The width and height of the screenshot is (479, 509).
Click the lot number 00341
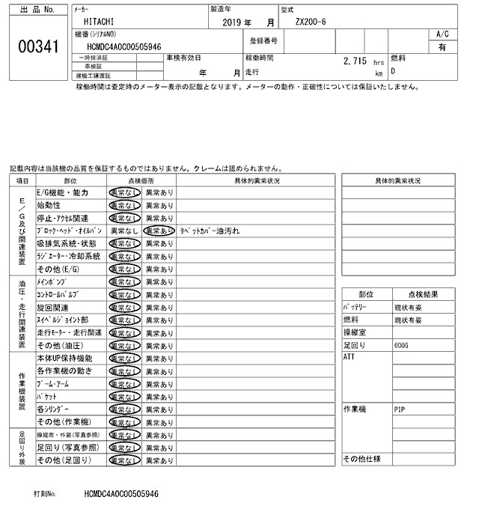pyautogui.click(x=37, y=46)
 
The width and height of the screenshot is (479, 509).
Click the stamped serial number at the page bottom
pyautogui.click(x=121, y=495)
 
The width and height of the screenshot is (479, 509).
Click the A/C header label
pyautogui.click(x=442, y=34)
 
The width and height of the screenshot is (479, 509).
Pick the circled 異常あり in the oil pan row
pyautogui.click(x=159, y=231)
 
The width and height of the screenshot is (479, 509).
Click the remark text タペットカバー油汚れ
pyautogui.click(x=207, y=231)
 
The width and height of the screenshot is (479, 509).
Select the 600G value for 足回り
pyautogui.click(x=402, y=345)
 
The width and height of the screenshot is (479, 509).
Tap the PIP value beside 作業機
pyautogui.click(x=400, y=410)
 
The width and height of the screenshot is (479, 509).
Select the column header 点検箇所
pyautogui.click(x=141, y=180)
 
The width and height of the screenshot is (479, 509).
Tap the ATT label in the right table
pyautogui.click(x=348, y=357)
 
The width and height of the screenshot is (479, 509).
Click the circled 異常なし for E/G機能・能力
pyautogui.click(x=123, y=192)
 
